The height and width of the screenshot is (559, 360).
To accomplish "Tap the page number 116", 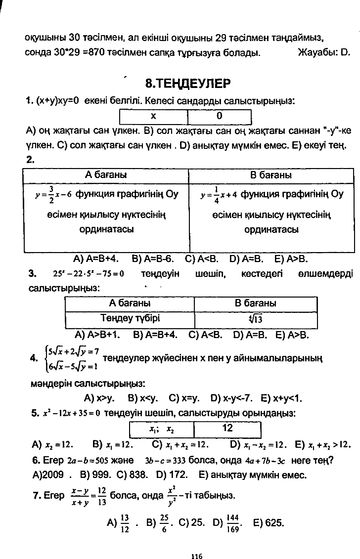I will pyautogui.click(x=197, y=542).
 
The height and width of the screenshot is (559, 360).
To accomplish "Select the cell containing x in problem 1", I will pyautogui.click(x=153, y=116).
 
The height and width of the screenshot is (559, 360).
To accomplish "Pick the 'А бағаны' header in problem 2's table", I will pyautogui.click(x=106, y=175).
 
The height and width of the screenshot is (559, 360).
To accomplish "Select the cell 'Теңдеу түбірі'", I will pyautogui.click(x=130, y=318).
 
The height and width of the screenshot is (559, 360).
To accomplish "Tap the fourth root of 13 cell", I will pyautogui.click(x=255, y=319).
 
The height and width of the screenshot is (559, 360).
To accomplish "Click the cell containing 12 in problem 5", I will pyautogui.click(x=227, y=428).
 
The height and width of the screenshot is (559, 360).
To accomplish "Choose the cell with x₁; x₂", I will pyautogui.click(x=162, y=429).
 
